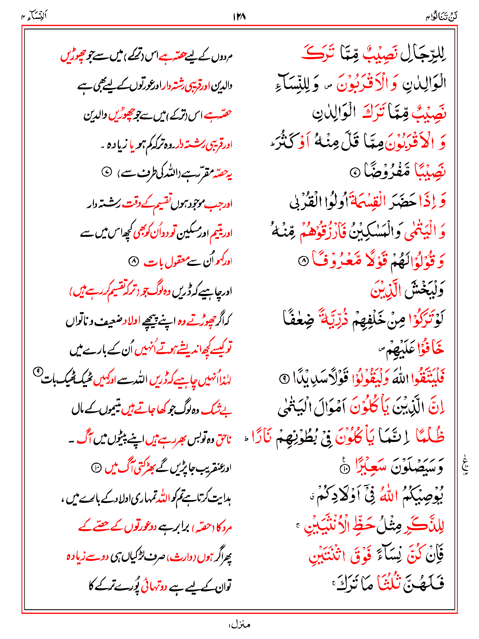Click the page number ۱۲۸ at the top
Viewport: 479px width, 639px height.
pyautogui.click(x=239, y=17)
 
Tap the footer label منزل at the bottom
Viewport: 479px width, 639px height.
pyautogui.click(x=239, y=625)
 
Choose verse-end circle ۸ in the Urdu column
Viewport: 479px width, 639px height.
pyautogui.click(x=133, y=261)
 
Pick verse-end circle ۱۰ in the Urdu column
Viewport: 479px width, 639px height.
pyautogui.click(x=96, y=467)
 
